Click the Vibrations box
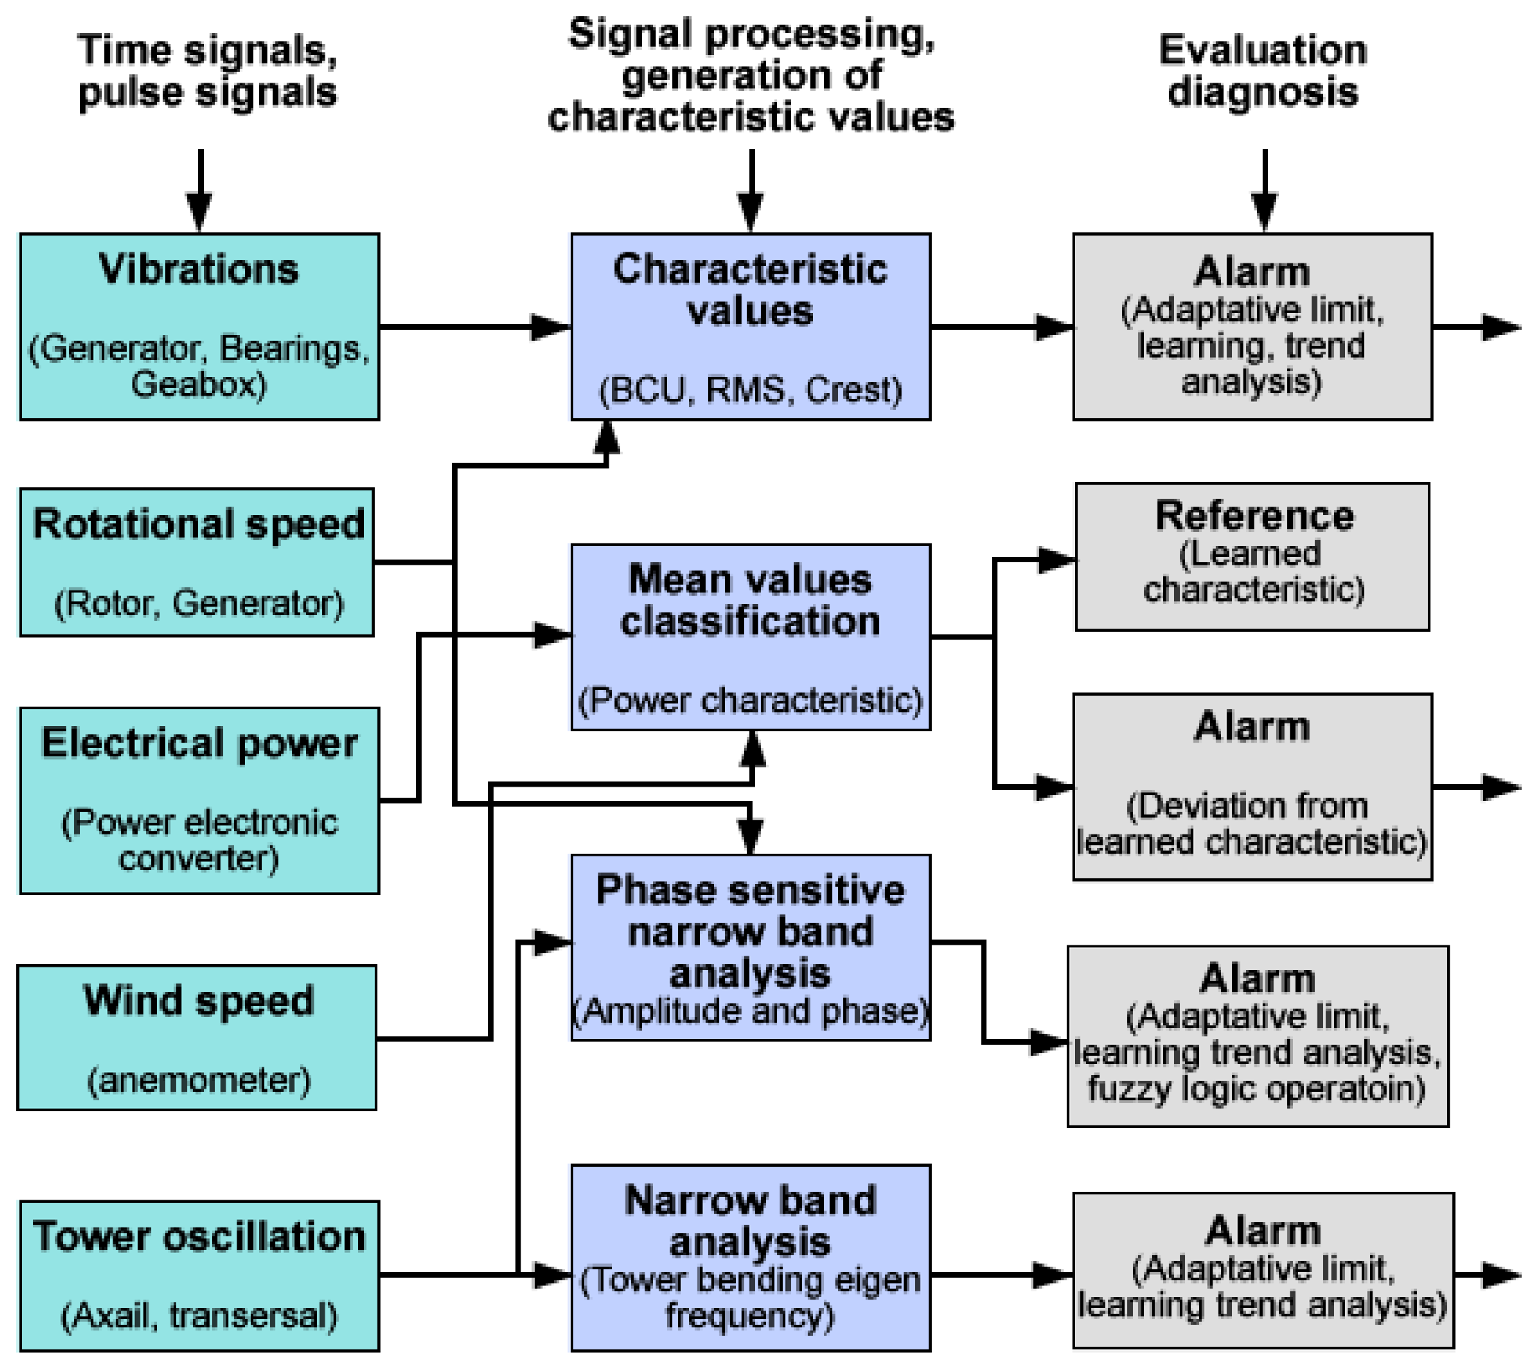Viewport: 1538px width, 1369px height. click(x=198, y=326)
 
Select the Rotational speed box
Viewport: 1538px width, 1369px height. click(x=196, y=562)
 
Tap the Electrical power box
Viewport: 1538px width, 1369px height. click(x=198, y=801)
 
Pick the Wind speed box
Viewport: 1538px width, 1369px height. click(x=196, y=1038)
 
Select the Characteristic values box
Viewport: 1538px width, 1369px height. click(x=750, y=326)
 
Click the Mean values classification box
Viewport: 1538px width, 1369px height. click(x=750, y=637)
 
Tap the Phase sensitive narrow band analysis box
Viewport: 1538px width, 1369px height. click(x=750, y=947)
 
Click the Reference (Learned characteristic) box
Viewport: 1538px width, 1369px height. click(x=1252, y=557)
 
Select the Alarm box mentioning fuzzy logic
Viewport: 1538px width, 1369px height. click(x=1257, y=1036)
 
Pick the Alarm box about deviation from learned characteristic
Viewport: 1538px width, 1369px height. click(x=1252, y=786)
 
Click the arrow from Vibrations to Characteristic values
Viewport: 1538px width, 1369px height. click(x=474, y=326)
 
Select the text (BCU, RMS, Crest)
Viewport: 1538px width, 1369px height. click(x=750, y=390)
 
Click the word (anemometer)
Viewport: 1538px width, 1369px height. click(x=198, y=1080)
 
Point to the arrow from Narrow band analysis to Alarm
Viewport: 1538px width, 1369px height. click(x=1001, y=1275)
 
